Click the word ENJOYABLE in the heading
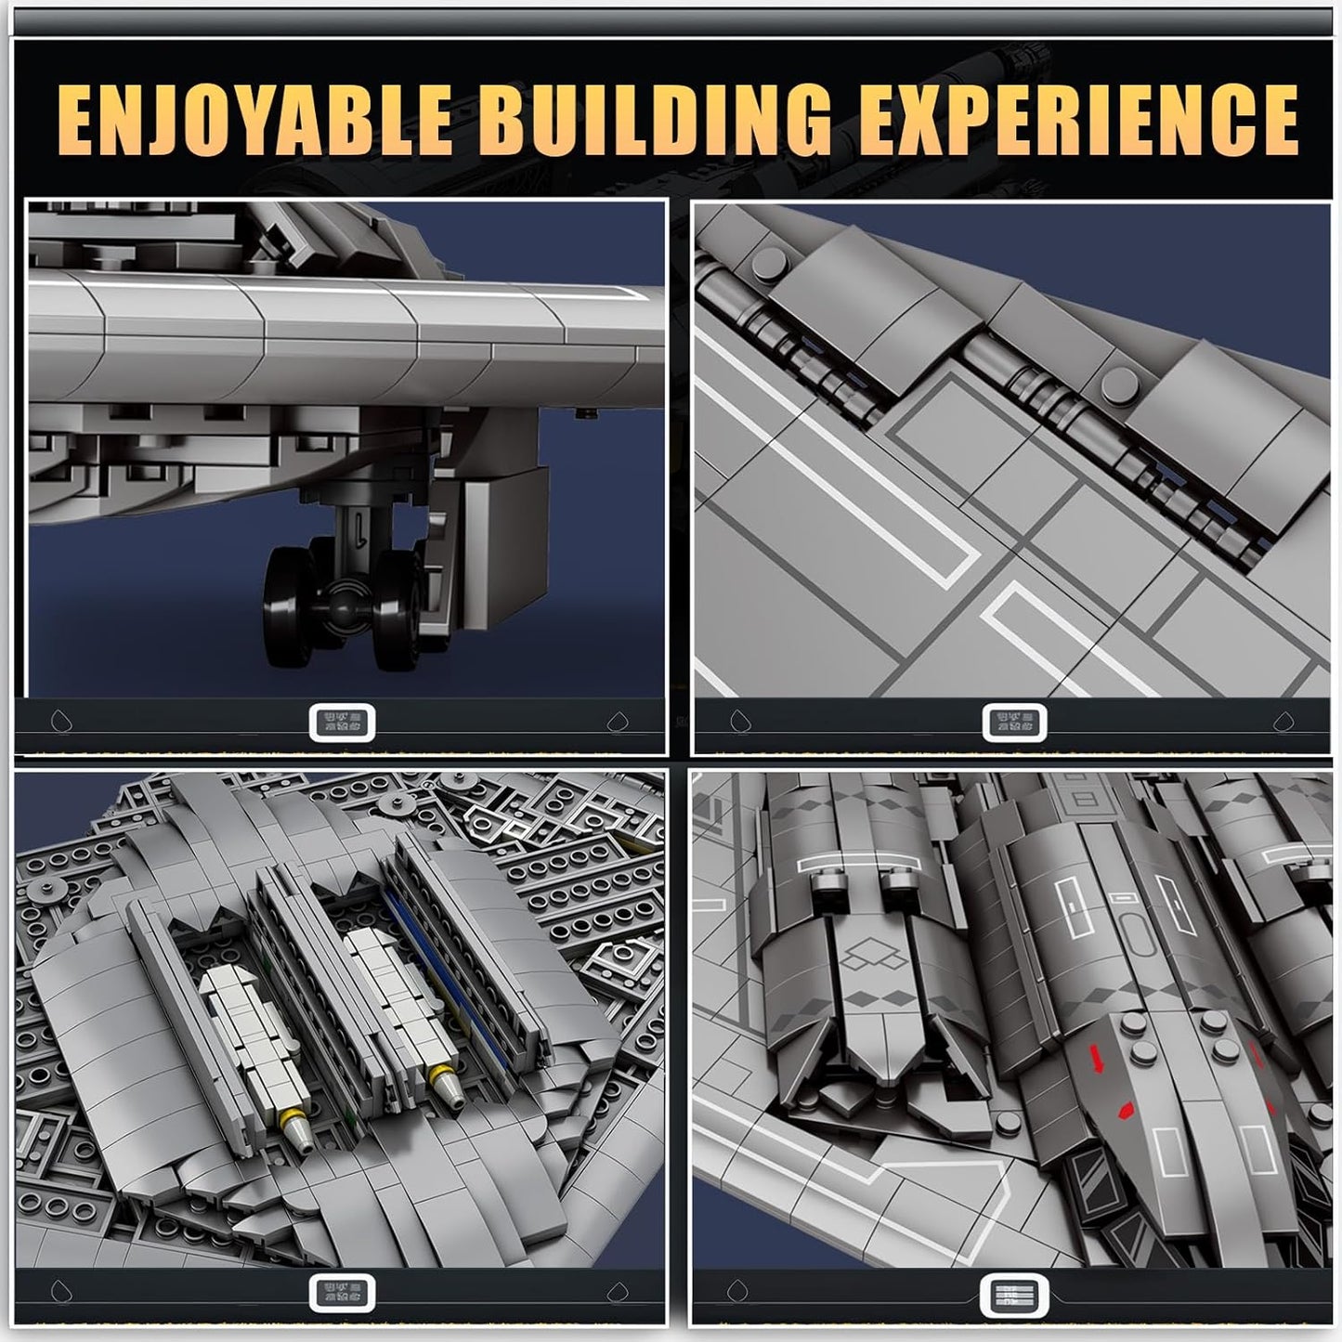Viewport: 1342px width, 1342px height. coord(254,119)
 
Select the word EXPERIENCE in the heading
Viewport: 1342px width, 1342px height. coord(1077,119)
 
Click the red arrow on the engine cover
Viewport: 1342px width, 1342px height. coord(1100,1060)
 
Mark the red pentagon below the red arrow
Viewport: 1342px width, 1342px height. coord(1126,1109)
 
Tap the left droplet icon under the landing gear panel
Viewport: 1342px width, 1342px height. coord(60,722)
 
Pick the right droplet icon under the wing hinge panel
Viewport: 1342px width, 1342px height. coord(1283,722)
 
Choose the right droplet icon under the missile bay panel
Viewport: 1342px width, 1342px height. coord(618,1292)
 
